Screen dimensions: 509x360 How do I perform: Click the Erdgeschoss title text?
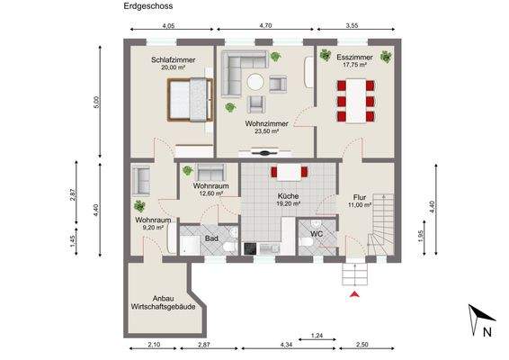(x=148, y=6)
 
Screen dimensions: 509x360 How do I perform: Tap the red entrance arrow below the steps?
(x=355, y=294)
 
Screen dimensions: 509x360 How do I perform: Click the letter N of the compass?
(x=487, y=332)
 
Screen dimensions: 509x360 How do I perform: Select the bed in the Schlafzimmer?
(x=191, y=100)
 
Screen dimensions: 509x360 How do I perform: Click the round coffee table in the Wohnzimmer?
(x=255, y=82)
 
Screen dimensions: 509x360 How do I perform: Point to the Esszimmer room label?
(x=354, y=58)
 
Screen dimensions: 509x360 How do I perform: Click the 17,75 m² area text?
(x=355, y=65)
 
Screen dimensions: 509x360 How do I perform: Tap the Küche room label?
(x=288, y=196)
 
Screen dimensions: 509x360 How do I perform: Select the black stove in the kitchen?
(x=250, y=249)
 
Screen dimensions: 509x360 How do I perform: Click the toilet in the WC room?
(x=307, y=242)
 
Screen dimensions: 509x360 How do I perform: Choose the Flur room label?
(x=360, y=197)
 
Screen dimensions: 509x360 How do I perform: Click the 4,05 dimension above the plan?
(x=169, y=26)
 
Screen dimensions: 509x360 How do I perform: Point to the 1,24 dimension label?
(x=317, y=336)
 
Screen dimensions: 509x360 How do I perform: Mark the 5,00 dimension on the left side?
(x=97, y=102)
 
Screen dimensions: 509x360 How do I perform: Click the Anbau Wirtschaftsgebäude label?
(x=164, y=302)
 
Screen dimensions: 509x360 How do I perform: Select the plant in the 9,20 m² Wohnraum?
(x=139, y=206)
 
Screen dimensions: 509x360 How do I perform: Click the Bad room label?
(x=211, y=238)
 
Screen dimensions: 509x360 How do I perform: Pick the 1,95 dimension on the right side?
(x=421, y=237)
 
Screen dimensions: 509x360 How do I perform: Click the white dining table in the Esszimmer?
(x=356, y=101)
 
